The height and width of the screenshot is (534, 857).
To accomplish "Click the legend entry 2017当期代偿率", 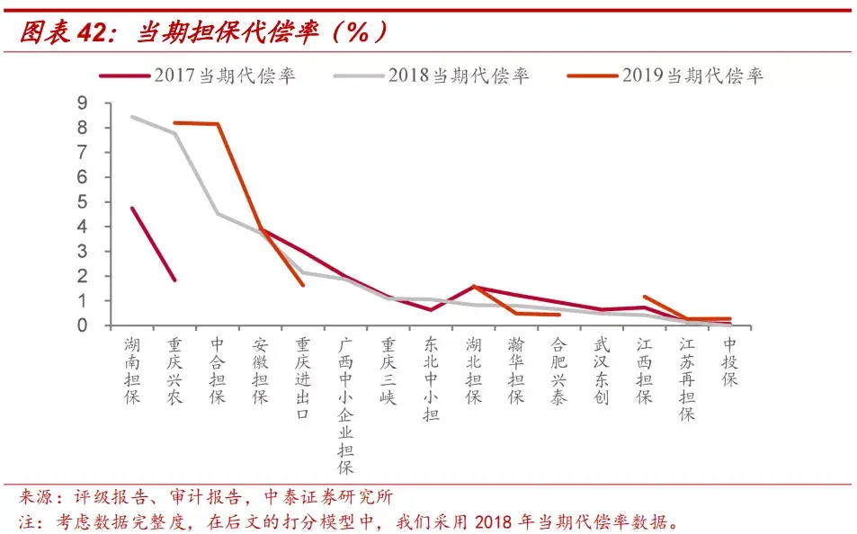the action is pyautogui.click(x=197, y=76).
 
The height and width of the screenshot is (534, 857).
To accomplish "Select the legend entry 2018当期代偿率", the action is pyautogui.click(x=432, y=76).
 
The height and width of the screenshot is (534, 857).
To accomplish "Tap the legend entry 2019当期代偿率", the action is pyautogui.click(x=665, y=76).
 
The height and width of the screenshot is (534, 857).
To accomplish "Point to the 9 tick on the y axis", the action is pyautogui.click(x=83, y=102).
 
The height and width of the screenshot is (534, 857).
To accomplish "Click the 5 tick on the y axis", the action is pyautogui.click(x=83, y=201).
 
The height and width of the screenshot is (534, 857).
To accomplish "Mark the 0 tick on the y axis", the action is pyautogui.click(x=83, y=325).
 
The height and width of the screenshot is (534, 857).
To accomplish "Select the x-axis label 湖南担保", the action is pyautogui.click(x=132, y=370).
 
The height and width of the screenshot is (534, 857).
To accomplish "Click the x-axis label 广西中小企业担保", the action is pyautogui.click(x=345, y=405).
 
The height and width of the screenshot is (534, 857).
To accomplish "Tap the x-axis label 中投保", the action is pyautogui.click(x=729, y=361).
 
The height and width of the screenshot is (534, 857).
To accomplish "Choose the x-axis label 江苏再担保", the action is pyautogui.click(x=687, y=379).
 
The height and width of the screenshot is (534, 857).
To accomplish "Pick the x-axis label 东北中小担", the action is pyautogui.click(x=432, y=379).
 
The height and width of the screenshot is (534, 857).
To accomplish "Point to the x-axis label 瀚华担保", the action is pyautogui.click(x=516, y=370).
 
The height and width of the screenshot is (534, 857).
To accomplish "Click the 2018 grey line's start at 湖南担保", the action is pyautogui.click(x=133, y=117).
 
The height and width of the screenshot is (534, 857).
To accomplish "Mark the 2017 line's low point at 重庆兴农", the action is pyautogui.click(x=174, y=280).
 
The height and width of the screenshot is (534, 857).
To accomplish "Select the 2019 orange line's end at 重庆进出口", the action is pyautogui.click(x=303, y=285).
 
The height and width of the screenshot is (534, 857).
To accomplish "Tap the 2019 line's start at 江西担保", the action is pyautogui.click(x=645, y=297).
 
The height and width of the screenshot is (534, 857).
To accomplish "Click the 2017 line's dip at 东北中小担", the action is pyautogui.click(x=432, y=310).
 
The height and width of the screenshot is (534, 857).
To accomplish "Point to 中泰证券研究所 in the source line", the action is pyautogui.click(x=328, y=497).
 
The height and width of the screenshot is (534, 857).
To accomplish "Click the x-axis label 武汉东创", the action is pyautogui.click(x=602, y=370).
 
